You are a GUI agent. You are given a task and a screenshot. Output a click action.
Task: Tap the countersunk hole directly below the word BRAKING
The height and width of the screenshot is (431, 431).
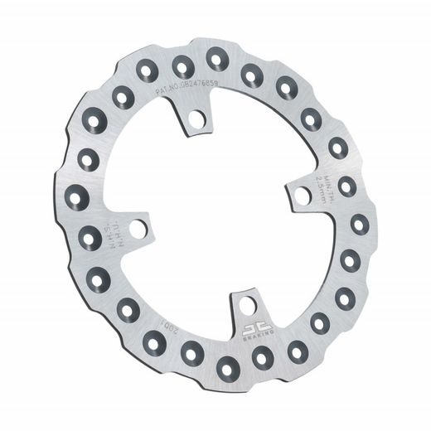point(261,356)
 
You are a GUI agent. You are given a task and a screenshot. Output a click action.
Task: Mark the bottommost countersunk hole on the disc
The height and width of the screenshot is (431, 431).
point(223,366)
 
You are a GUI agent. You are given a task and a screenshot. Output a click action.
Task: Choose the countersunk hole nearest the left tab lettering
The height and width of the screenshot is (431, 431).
point(90,238)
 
